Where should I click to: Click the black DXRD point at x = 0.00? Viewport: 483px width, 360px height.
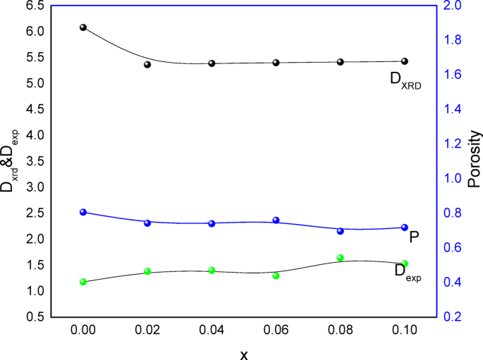point(83,27)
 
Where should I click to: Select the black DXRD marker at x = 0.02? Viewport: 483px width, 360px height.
point(147,64)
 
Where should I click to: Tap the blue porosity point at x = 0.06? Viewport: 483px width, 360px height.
point(276,220)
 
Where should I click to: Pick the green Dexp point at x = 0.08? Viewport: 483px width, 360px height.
point(341,258)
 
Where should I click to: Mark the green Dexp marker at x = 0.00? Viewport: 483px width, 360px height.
point(83,282)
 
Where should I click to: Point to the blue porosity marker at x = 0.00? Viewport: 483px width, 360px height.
point(83,212)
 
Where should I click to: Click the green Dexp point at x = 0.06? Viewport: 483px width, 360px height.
point(276,275)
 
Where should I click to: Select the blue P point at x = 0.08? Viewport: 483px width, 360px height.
point(341,230)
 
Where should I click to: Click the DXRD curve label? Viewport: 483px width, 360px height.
point(405,80)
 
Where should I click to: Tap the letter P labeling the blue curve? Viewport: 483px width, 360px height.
point(415,237)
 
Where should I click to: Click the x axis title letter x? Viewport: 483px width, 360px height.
point(244,354)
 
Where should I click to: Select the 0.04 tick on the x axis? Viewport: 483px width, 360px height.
point(212,329)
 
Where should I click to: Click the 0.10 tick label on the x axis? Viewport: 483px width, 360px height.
point(405,329)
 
